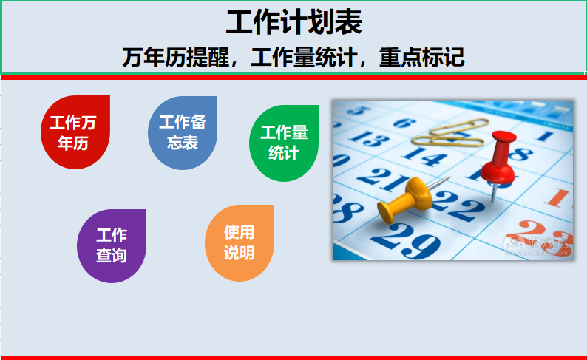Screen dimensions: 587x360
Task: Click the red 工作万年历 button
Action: tap(75, 132)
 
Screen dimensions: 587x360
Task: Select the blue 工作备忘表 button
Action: tap(183, 133)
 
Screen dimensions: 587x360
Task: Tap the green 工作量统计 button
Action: tap(284, 143)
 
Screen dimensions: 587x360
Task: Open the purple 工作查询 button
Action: tap(112, 246)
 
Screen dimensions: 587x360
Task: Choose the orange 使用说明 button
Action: tap(240, 243)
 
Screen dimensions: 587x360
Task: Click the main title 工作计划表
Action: tap(294, 22)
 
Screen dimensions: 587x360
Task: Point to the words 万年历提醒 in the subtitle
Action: tap(175, 57)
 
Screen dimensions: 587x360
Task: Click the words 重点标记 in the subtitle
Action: tap(422, 57)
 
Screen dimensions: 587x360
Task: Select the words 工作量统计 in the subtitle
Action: tap(304, 57)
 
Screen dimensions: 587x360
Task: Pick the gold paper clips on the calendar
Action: tap(450, 134)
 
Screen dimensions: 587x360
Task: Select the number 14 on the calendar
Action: tap(424, 156)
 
